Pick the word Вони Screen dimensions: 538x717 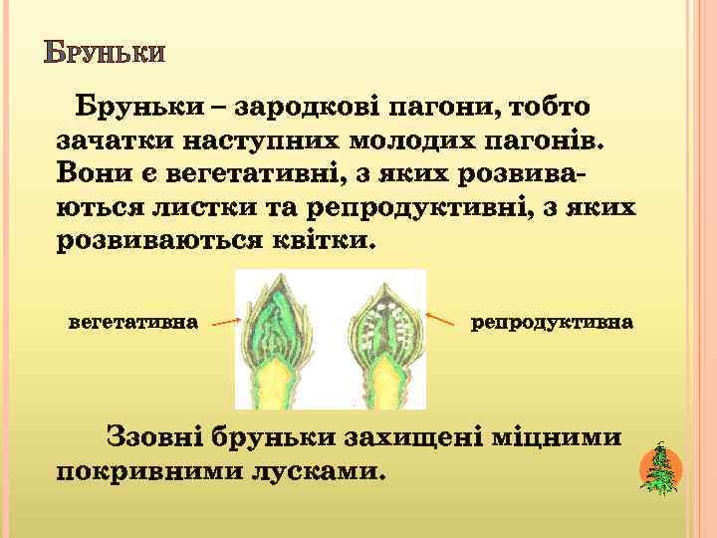[x=93, y=171]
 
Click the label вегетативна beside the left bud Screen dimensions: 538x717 [x=133, y=322]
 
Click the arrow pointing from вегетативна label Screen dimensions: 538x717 [x=226, y=322]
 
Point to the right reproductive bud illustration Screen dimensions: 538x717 [x=384, y=339]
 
